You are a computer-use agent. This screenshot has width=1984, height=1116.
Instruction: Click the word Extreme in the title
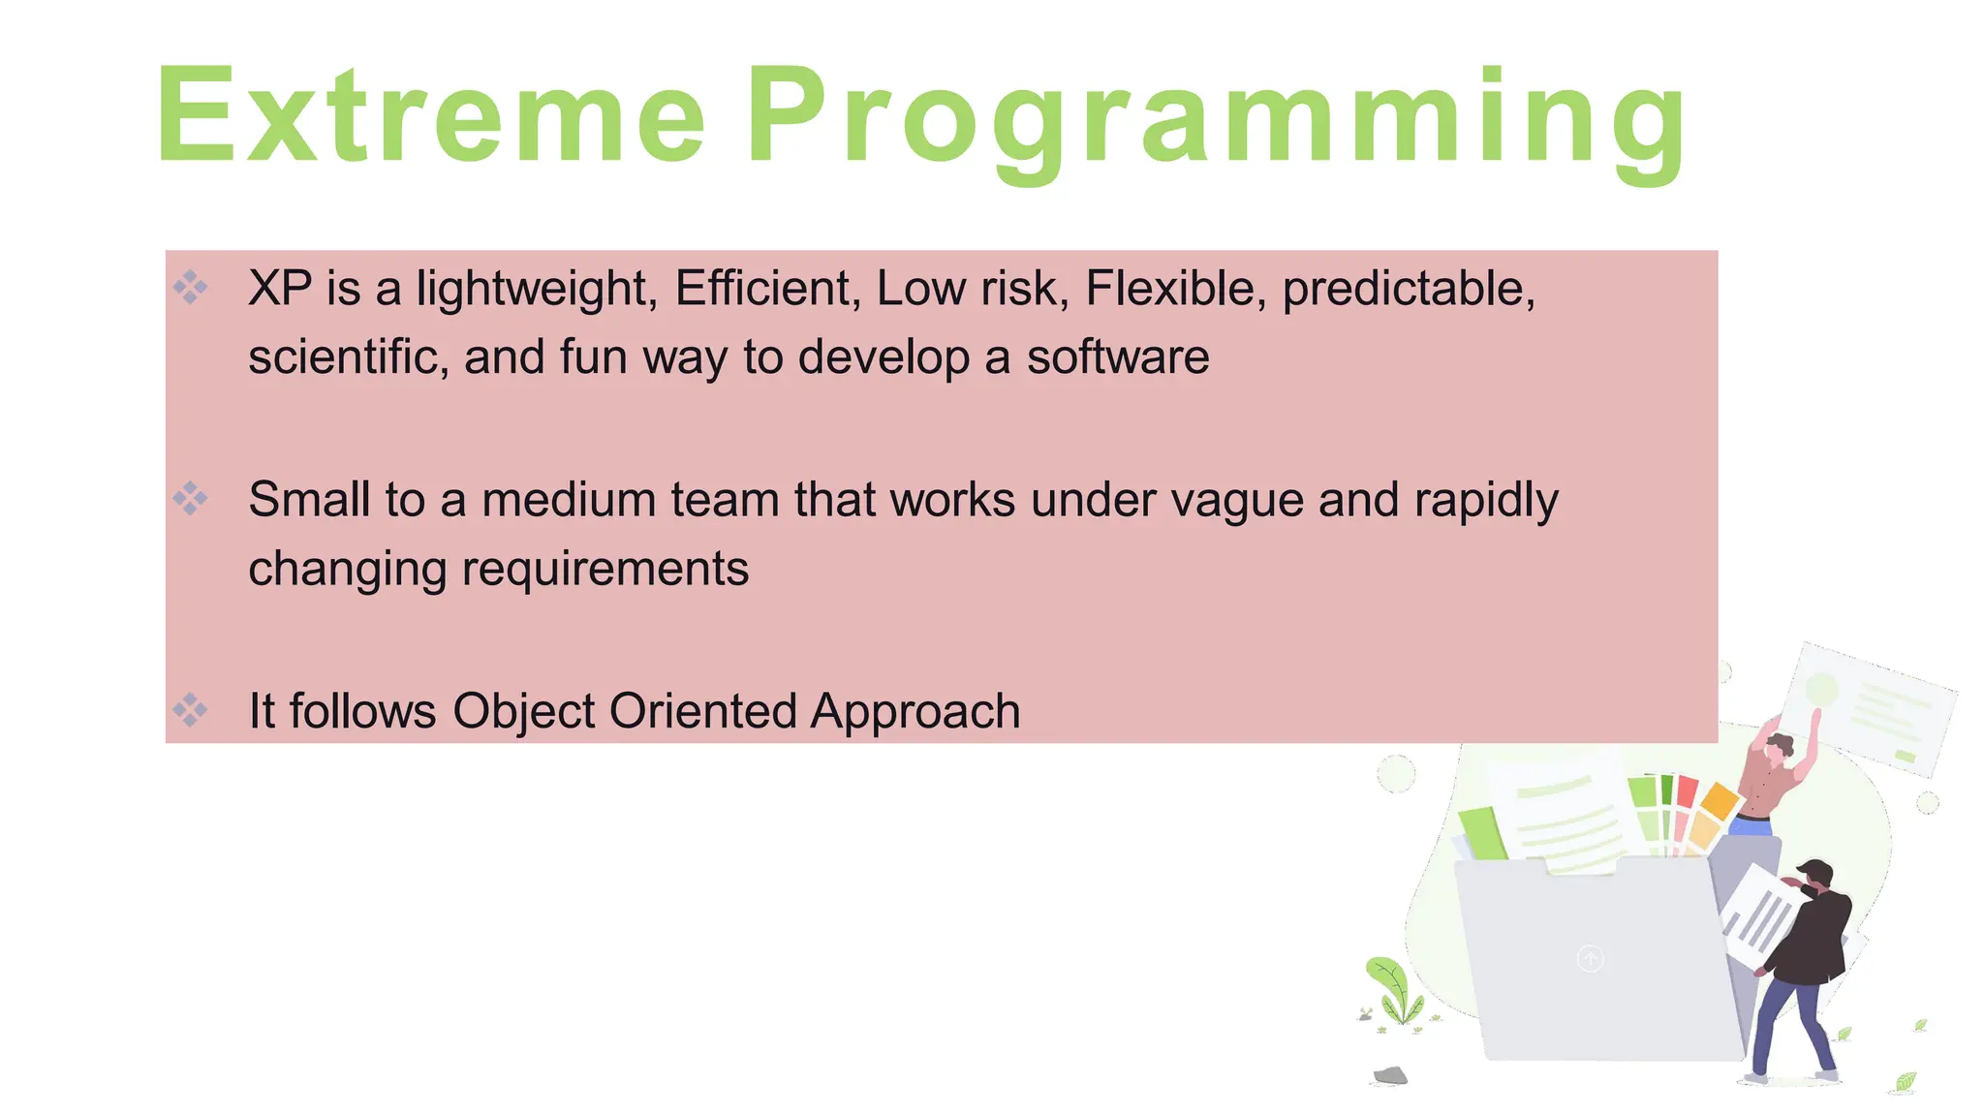tap(430, 116)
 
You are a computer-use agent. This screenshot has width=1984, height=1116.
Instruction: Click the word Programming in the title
tap(1216, 121)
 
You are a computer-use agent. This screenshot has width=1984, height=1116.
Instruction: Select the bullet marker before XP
tap(190, 287)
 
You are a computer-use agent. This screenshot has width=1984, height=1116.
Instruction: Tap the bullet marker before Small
tap(190, 498)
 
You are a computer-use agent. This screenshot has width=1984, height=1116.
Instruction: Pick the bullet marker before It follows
tap(190, 710)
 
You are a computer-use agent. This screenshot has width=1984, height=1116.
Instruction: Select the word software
tap(1118, 356)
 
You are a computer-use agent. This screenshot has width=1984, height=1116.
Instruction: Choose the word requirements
tap(604, 569)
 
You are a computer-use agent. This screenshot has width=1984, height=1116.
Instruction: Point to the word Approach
tap(914, 712)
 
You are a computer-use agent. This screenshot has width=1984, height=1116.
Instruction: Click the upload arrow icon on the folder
tap(1590, 958)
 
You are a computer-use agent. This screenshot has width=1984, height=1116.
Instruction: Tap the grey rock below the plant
tap(1390, 1075)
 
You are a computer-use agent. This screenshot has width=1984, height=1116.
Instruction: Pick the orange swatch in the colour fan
tap(1720, 801)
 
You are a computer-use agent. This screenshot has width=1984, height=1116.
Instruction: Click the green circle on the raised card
tap(1822, 690)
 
